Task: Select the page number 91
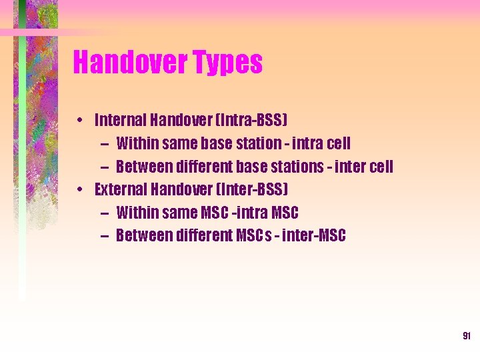click(x=467, y=337)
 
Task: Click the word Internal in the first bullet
click(x=121, y=120)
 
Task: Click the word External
click(x=121, y=189)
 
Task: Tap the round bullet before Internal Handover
click(x=79, y=121)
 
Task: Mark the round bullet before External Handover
click(x=79, y=190)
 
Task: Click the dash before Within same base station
click(x=106, y=143)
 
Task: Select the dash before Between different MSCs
click(x=106, y=235)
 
